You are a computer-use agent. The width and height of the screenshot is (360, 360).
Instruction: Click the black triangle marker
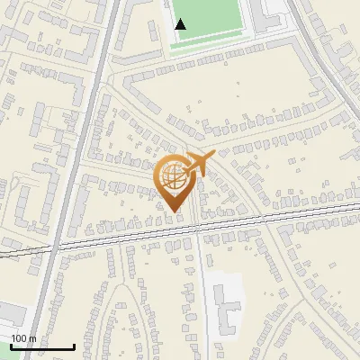(x=181, y=24)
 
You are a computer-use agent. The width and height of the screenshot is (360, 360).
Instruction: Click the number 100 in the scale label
(x=20, y=338)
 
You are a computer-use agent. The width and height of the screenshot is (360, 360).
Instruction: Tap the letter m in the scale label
(x=32, y=338)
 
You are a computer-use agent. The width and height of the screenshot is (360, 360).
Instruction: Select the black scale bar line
(x=42, y=346)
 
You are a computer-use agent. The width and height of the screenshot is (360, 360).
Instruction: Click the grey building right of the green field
(x=270, y=13)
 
